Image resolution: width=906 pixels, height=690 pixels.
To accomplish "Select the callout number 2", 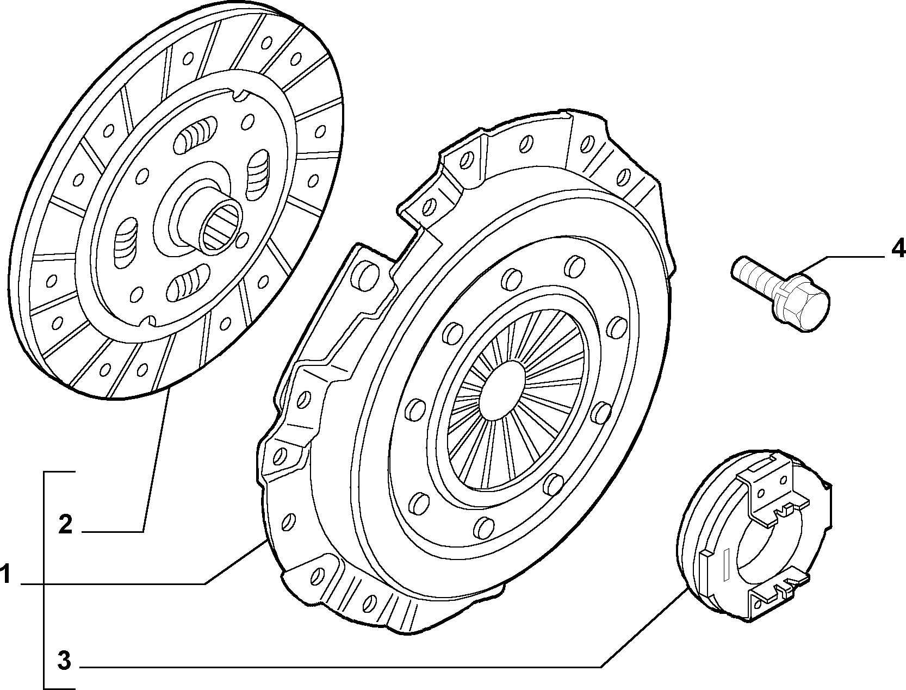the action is pyautogui.click(x=65, y=525).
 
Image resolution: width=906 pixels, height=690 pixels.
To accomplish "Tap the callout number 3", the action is pyautogui.click(x=64, y=661).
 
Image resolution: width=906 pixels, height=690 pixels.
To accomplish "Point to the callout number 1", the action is pyautogui.click(x=5, y=574).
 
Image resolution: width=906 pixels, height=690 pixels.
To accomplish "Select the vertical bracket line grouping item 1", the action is pyautogui.click(x=44, y=580).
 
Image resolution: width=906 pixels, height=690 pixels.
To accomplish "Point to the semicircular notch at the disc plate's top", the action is pyautogui.click(x=239, y=95).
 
